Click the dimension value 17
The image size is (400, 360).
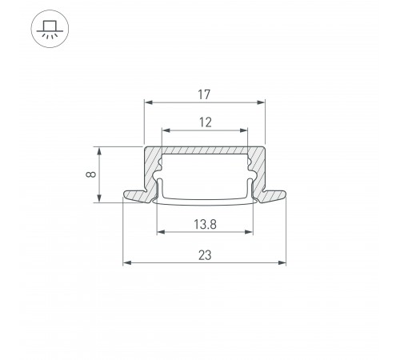click(x=204, y=94)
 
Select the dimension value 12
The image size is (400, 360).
click(x=206, y=122)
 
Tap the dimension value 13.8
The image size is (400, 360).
click(x=205, y=224)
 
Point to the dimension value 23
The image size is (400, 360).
click(x=205, y=255)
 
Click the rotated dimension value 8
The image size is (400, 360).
click(x=91, y=174)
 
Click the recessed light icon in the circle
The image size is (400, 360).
click(x=50, y=29)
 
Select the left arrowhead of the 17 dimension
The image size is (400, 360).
click(x=148, y=102)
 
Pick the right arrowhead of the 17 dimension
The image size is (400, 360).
click(x=261, y=102)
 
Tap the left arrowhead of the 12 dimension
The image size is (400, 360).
click(x=166, y=130)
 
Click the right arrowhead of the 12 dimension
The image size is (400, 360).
click(x=244, y=130)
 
